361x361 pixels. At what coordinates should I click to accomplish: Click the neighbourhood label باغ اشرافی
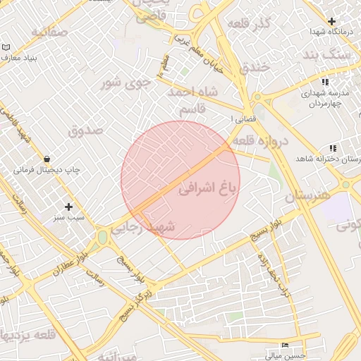point(210,188)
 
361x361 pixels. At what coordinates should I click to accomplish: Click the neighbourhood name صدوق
point(86,130)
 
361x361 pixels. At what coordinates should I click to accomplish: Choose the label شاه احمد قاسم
point(194,101)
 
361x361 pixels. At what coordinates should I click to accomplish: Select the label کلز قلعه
point(249,24)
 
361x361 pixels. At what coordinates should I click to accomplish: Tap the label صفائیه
point(49,32)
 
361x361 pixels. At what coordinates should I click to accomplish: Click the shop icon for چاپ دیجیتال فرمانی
point(47,159)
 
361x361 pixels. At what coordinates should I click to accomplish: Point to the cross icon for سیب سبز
point(68,207)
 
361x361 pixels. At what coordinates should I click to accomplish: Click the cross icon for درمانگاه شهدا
point(332,21)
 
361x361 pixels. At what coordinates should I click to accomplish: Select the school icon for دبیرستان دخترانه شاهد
point(331,148)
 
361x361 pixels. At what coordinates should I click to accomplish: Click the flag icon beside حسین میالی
point(284,345)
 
